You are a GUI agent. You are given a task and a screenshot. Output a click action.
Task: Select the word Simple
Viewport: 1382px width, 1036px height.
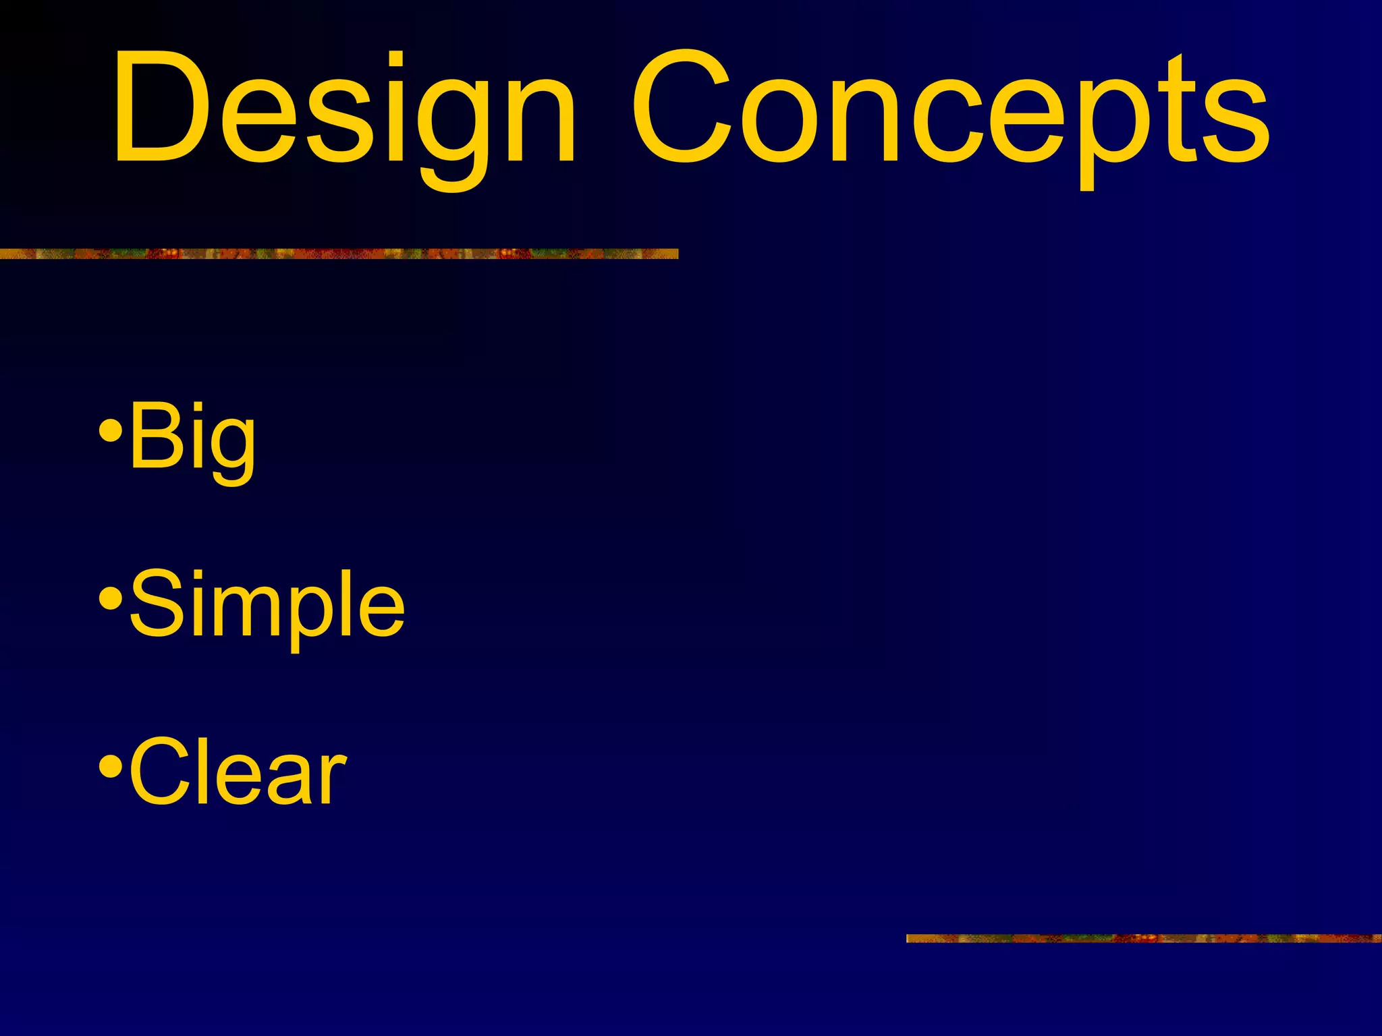267,604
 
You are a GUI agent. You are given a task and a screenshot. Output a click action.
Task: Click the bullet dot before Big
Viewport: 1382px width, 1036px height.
110,430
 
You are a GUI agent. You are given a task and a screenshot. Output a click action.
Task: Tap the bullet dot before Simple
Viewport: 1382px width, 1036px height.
110,598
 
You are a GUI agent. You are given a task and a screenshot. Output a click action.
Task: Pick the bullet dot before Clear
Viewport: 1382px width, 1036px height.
110,766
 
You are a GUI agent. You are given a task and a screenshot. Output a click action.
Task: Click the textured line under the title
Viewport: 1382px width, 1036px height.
337,254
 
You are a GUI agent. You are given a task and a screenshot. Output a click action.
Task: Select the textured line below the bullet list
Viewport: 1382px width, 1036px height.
1143,938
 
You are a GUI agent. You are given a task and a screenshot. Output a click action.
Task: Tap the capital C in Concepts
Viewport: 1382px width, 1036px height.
682,108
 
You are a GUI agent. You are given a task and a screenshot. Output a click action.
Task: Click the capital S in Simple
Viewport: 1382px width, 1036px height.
154,602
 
